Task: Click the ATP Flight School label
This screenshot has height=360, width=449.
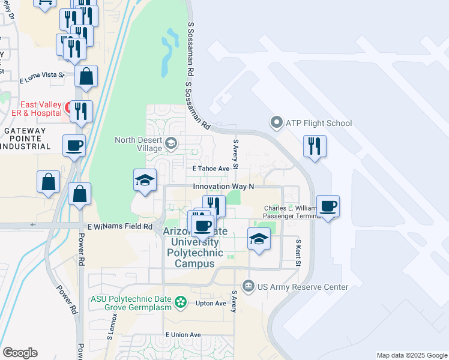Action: [319, 124]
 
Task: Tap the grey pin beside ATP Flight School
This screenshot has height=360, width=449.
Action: [277, 124]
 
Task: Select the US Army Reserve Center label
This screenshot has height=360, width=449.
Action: [303, 287]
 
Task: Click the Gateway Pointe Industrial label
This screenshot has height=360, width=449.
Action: [33, 138]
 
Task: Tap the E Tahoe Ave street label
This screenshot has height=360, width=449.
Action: [211, 169]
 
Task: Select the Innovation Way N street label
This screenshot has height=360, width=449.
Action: [223, 187]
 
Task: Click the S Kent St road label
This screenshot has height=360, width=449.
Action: [298, 252]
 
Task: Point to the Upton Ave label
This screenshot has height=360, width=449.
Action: [211, 303]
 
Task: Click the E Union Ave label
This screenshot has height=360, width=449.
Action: [183, 334]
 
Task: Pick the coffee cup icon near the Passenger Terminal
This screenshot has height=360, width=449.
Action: [328, 206]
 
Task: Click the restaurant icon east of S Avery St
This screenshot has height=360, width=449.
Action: [315, 146]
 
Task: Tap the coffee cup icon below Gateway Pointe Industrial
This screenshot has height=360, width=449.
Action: [74, 146]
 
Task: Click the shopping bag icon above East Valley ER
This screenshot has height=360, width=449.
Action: [86, 76]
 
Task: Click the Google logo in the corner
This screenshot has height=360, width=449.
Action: [20, 353]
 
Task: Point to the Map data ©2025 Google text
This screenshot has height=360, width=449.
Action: [412, 355]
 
